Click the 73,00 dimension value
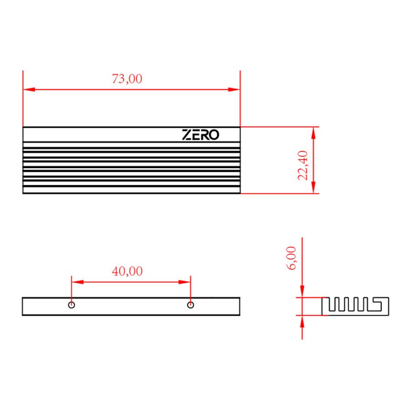pos(127,79)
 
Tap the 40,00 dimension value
pos(127,272)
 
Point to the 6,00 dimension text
pos(292,258)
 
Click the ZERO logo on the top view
pos(200,135)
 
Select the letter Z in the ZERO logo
pos(186,135)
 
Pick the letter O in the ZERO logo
pos(214,135)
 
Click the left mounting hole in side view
pos(72,305)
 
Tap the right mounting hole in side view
pos(191,305)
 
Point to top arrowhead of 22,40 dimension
pos(313,133)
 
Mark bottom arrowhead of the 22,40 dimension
pos(313,188)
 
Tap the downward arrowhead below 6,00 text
pos(302,292)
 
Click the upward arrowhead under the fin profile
pos(302,321)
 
